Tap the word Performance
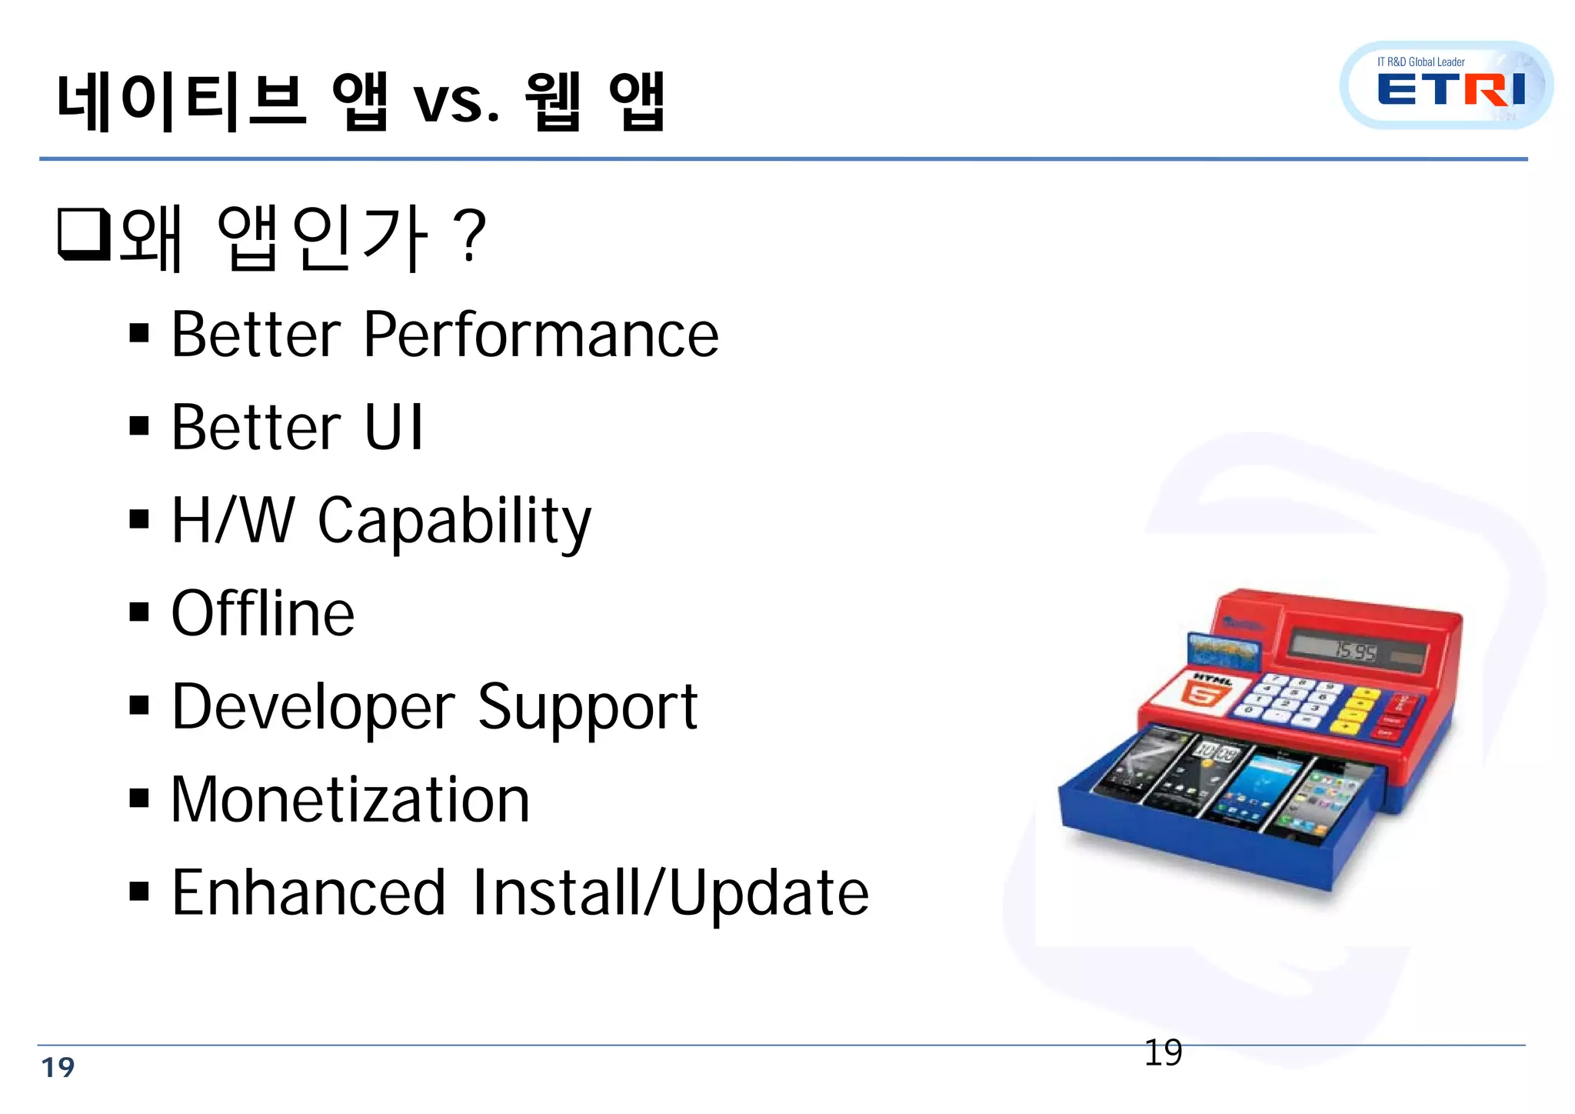point(541,335)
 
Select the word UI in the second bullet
point(393,428)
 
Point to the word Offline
point(262,614)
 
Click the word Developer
point(313,708)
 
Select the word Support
point(588,708)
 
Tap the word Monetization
point(350,800)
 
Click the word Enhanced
point(308,893)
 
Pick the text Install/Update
point(671,893)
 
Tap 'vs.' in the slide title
point(456,102)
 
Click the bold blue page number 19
point(58,1068)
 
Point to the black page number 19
point(1163,1052)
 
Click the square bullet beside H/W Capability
point(139,520)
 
